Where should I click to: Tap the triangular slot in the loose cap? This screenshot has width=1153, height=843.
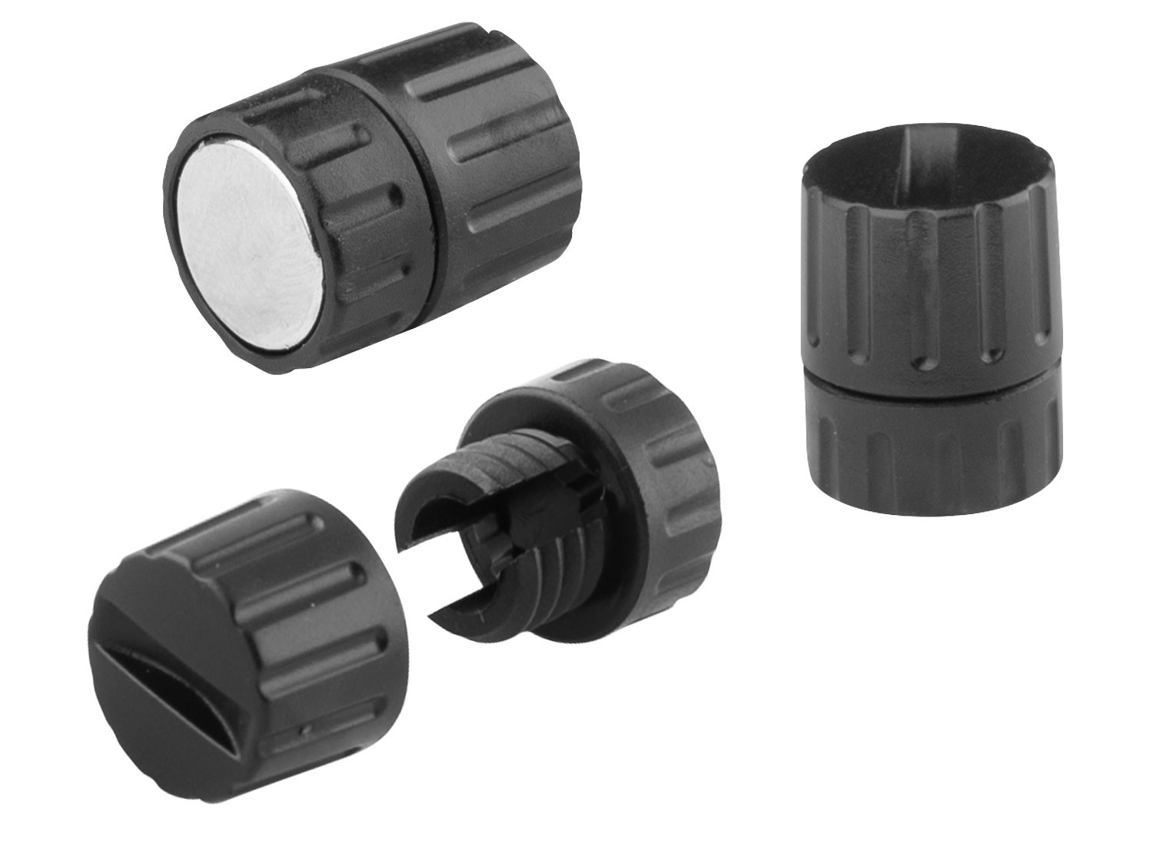click(154, 676)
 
